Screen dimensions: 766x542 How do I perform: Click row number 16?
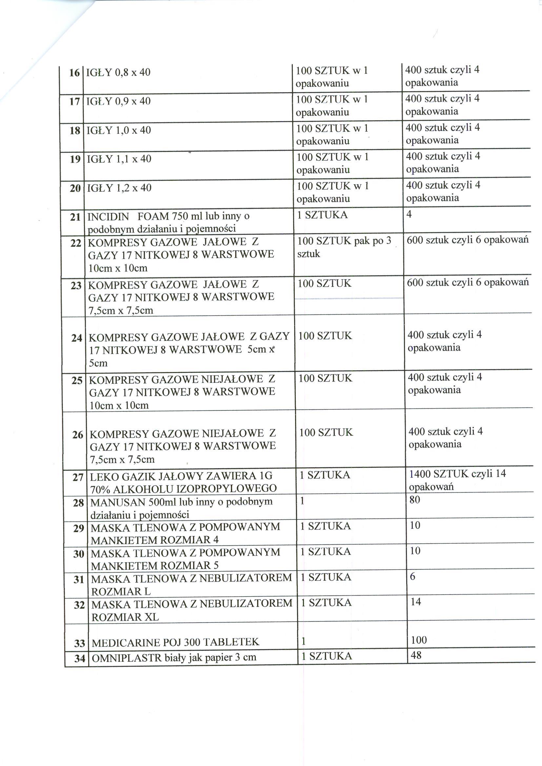pyautogui.click(x=74, y=73)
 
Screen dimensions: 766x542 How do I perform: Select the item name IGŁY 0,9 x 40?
pyautogui.click(x=118, y=101)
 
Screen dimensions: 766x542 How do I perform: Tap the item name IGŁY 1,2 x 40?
pyautogui.click(x=119, y=188)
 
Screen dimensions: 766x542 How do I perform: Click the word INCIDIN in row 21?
pyautogui.click(x=108, y=217)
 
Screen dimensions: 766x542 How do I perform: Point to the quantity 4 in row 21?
pyautogui.click(x=409, y=214)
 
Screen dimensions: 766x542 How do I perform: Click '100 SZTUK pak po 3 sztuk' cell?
pyautogui.click(x=344, y=247)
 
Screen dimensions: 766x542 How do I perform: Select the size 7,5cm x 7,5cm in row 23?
pyautogui.click(x=121, y=311)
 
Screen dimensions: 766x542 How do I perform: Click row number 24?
pyautogui.click(x=77, y=338)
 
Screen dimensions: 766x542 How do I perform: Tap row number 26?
pyautogui.click(x=78, y=434)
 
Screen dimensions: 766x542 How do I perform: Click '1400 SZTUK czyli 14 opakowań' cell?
pyautogui.click(x=457, y=480)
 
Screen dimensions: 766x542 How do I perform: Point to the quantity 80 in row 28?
pyautogui.click(x=414, y=500)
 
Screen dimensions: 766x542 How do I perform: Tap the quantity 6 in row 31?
pyautogui.click(x=412, y=577)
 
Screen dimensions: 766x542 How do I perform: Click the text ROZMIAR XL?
pyautogui.click(x=125, y=617)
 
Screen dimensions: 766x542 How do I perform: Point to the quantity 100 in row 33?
pyautogui.click(x=419, y=640)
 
